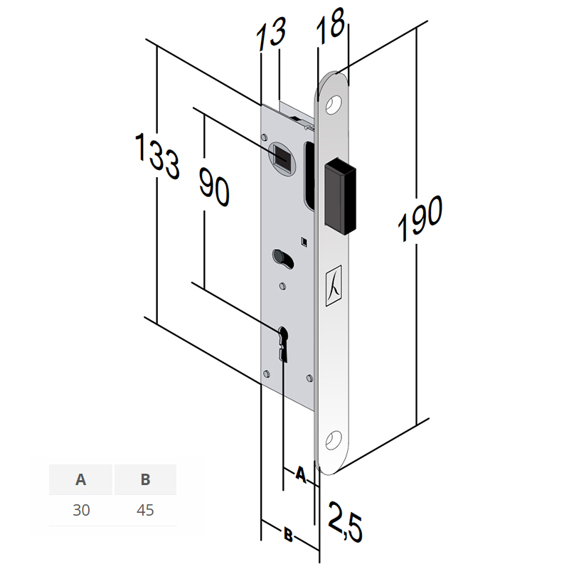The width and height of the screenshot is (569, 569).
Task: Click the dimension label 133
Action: tap(156, 156)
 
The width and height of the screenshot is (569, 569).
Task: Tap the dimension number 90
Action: tap(214, 186)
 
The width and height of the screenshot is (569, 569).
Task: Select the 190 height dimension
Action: tap(420, 218)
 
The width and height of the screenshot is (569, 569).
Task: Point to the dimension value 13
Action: tap(271, 33)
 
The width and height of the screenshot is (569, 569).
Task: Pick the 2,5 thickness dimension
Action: tap(345, 522)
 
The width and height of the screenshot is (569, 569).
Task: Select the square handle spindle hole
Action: tap(282, 157)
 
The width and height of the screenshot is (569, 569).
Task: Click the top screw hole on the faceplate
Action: tap(334, 105)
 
